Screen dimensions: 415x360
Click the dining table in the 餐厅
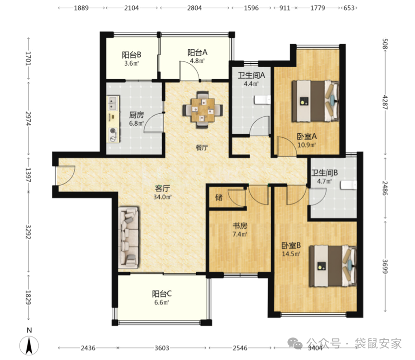[202, 110]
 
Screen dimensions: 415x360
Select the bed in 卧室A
[316, 101]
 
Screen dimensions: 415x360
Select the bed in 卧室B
[333, 266]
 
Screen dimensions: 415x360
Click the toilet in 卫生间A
[262, 100]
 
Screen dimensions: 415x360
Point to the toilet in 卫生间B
[348, 185]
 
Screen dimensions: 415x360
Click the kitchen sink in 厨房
[113, 103]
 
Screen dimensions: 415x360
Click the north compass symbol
[29, 345]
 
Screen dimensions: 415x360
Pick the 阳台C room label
[162, 294]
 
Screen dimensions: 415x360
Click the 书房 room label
[240, 226]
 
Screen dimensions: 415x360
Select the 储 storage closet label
[219, 197]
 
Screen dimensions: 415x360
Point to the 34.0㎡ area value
[163, 197]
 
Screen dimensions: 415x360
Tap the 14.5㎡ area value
[291, 254]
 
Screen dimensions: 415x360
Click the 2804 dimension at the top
[194, 8]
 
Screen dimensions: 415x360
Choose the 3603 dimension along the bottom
[162, 348]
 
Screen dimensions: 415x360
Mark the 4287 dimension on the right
[385, 103]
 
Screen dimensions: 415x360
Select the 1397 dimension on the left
[28, 174]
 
